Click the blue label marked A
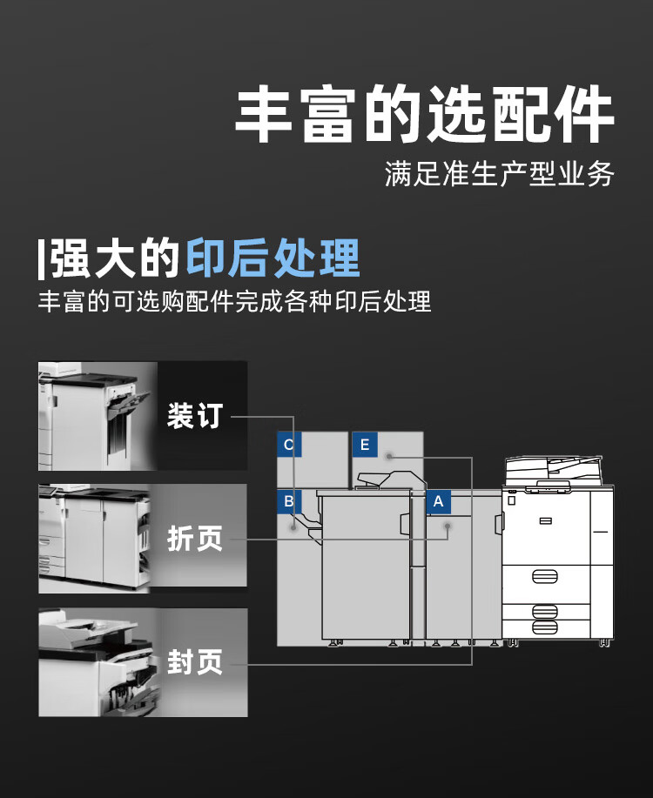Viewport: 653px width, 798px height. click(439, 502)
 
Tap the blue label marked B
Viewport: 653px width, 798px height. click(289, 502)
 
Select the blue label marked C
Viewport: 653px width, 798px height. click(289, 445)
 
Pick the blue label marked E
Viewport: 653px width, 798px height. click(365, 445)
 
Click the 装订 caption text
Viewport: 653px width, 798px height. click(195, 415)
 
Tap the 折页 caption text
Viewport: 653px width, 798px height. click(195, 539)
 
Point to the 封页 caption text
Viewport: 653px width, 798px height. click(195, 661)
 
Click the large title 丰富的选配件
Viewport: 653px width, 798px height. click(424, 114)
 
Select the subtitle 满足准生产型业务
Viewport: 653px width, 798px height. click(499, 173)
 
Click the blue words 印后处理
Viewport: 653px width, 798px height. click(273, 258)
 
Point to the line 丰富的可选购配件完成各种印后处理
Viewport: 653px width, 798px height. click(235, 301)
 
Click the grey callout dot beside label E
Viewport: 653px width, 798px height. click(389, 456)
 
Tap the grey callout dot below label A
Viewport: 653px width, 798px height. click(448, 526)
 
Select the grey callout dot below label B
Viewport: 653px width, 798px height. click(293, 527)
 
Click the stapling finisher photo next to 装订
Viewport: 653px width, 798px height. click(98, 416)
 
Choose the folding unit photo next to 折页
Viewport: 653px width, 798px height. click(94, 539)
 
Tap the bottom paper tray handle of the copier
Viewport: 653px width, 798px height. click(545, 627)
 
